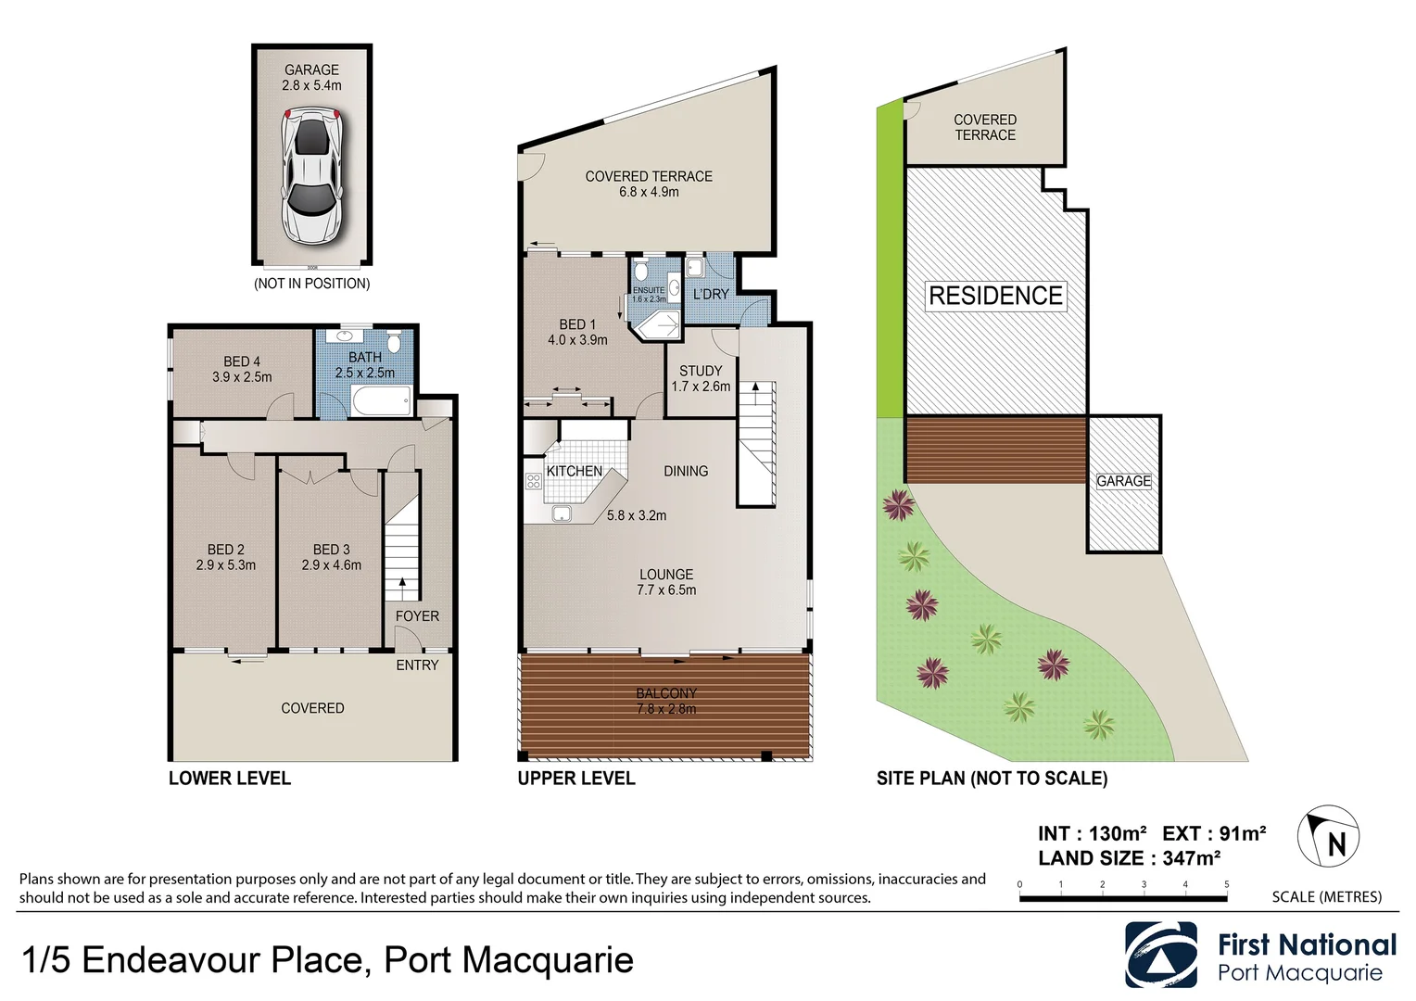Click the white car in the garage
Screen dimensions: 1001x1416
(x=312, y=176)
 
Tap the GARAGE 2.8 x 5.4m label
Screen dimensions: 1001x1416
(x=311, y=77)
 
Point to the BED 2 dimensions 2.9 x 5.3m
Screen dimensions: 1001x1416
(x=226, y=564)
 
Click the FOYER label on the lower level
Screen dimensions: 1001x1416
(x=417, y=615)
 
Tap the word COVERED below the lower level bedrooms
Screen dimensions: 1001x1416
(x=312, y=708)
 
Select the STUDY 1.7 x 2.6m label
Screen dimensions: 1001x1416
(x=701, y=378)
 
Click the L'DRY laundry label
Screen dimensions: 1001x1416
(x=711, y=294)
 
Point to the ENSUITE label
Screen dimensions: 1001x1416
(x=649, y=291)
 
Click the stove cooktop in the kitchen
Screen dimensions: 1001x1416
(x=534, y=481)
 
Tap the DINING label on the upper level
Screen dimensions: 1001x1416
(x=686, y=471)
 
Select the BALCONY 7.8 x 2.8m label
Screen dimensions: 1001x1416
(x=666, y=701)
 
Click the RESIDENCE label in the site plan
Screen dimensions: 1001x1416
(x=995, y=296)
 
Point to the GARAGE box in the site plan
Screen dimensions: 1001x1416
(x=1123, y=482)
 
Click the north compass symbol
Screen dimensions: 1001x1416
(x=1328, y=837)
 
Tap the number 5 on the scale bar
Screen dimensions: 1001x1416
(x=1226, y=884)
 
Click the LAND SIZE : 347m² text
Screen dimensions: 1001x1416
(x=1129, y=858)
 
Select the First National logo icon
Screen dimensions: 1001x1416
(x=1161, y=955)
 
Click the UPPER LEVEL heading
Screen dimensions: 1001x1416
(x=576, y=779)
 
